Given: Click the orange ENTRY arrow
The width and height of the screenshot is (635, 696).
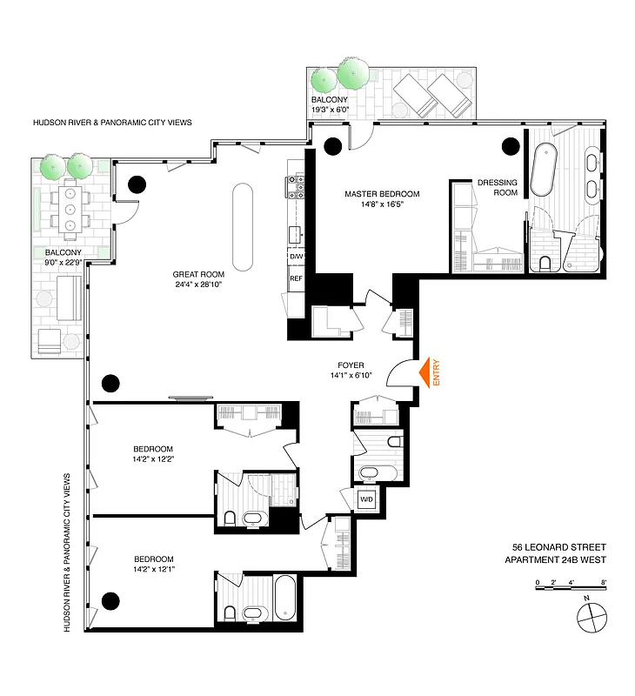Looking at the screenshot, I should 425,373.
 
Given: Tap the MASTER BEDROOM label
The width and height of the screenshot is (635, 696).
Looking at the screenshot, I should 382,193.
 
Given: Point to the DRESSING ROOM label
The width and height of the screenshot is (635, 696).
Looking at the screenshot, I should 497,188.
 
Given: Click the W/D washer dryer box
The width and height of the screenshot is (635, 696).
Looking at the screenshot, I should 366,499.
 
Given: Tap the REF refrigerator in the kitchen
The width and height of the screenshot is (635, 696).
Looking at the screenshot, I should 296,279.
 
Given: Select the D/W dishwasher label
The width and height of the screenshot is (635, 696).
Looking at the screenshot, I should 296,258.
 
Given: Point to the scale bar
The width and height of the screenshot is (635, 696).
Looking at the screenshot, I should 570,589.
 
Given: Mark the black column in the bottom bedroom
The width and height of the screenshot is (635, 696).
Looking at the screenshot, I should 110,599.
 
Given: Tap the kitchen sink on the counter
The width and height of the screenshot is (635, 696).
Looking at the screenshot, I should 297,232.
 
